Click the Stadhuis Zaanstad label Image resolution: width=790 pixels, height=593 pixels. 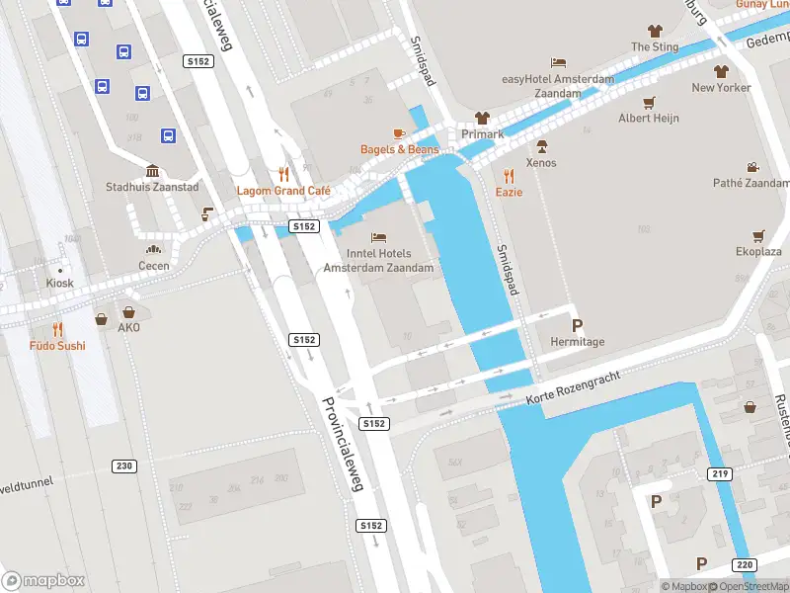(x=152, y=187)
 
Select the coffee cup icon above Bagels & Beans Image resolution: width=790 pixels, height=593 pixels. (x=399, y=132)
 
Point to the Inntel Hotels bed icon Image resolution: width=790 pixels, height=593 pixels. (x=378, y=237)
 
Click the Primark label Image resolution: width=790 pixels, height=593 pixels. (x=483, y=134)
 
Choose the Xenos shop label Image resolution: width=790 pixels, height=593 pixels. (x=541, y=163)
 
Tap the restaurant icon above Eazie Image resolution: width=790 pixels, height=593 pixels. (x=510, y=176)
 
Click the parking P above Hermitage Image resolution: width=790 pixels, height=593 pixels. (x=577, y=325)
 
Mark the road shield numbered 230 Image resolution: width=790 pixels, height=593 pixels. (x=124, y=466)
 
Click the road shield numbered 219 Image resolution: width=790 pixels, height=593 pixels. (x=721, y=474)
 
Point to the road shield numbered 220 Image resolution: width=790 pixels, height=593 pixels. (x=745, y=564)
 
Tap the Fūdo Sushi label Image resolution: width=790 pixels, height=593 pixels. (x=57, y=346)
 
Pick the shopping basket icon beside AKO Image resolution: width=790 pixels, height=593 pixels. (x=102, y=319)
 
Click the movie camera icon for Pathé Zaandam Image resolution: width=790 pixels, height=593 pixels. (x=753, y=167)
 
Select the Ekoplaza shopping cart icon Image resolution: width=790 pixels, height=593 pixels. (x=758, y=235)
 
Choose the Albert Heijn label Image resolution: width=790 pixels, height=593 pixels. (x=648, y=119)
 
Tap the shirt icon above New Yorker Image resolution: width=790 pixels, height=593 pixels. (x=721, y=71)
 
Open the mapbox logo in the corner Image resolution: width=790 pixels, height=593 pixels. (x=43, y=580)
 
